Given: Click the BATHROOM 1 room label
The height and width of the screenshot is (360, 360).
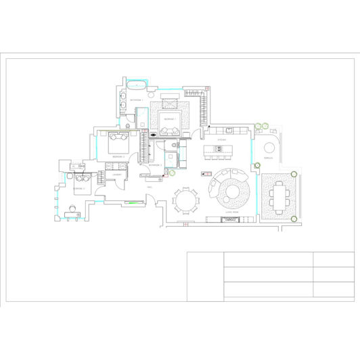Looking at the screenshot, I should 137,99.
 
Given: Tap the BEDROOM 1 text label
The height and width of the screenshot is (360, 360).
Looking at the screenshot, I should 169,118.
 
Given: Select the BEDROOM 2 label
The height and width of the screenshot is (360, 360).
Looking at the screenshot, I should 108,156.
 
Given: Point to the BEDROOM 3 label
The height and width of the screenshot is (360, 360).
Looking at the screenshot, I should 79,188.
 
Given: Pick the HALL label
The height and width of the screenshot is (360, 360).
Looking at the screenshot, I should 150,187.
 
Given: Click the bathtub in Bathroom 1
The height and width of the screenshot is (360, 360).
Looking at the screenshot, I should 137,85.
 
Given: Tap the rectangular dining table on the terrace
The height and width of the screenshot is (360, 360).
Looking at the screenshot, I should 277,198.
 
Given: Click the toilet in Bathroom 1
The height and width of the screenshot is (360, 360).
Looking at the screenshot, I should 127,126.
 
